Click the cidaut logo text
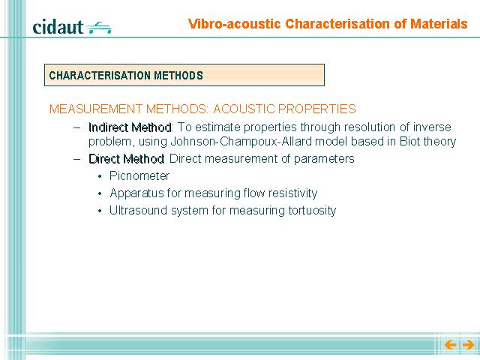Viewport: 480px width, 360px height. coord(58,27)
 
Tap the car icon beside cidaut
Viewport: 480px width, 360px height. coord(98,28)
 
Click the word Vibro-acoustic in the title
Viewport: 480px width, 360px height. coord(235,24)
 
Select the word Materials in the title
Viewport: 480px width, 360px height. coord(439,24)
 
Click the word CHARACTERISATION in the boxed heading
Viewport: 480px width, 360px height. coord(100,75)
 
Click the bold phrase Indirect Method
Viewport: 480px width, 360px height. coord(130,127)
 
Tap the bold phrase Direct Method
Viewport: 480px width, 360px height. coord(126,159)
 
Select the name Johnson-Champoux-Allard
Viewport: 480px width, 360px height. coord(241,142)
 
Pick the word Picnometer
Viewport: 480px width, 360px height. coord(139,176)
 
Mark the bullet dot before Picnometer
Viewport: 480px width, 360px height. coord(100,177)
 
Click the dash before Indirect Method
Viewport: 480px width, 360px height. coord(77,127)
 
